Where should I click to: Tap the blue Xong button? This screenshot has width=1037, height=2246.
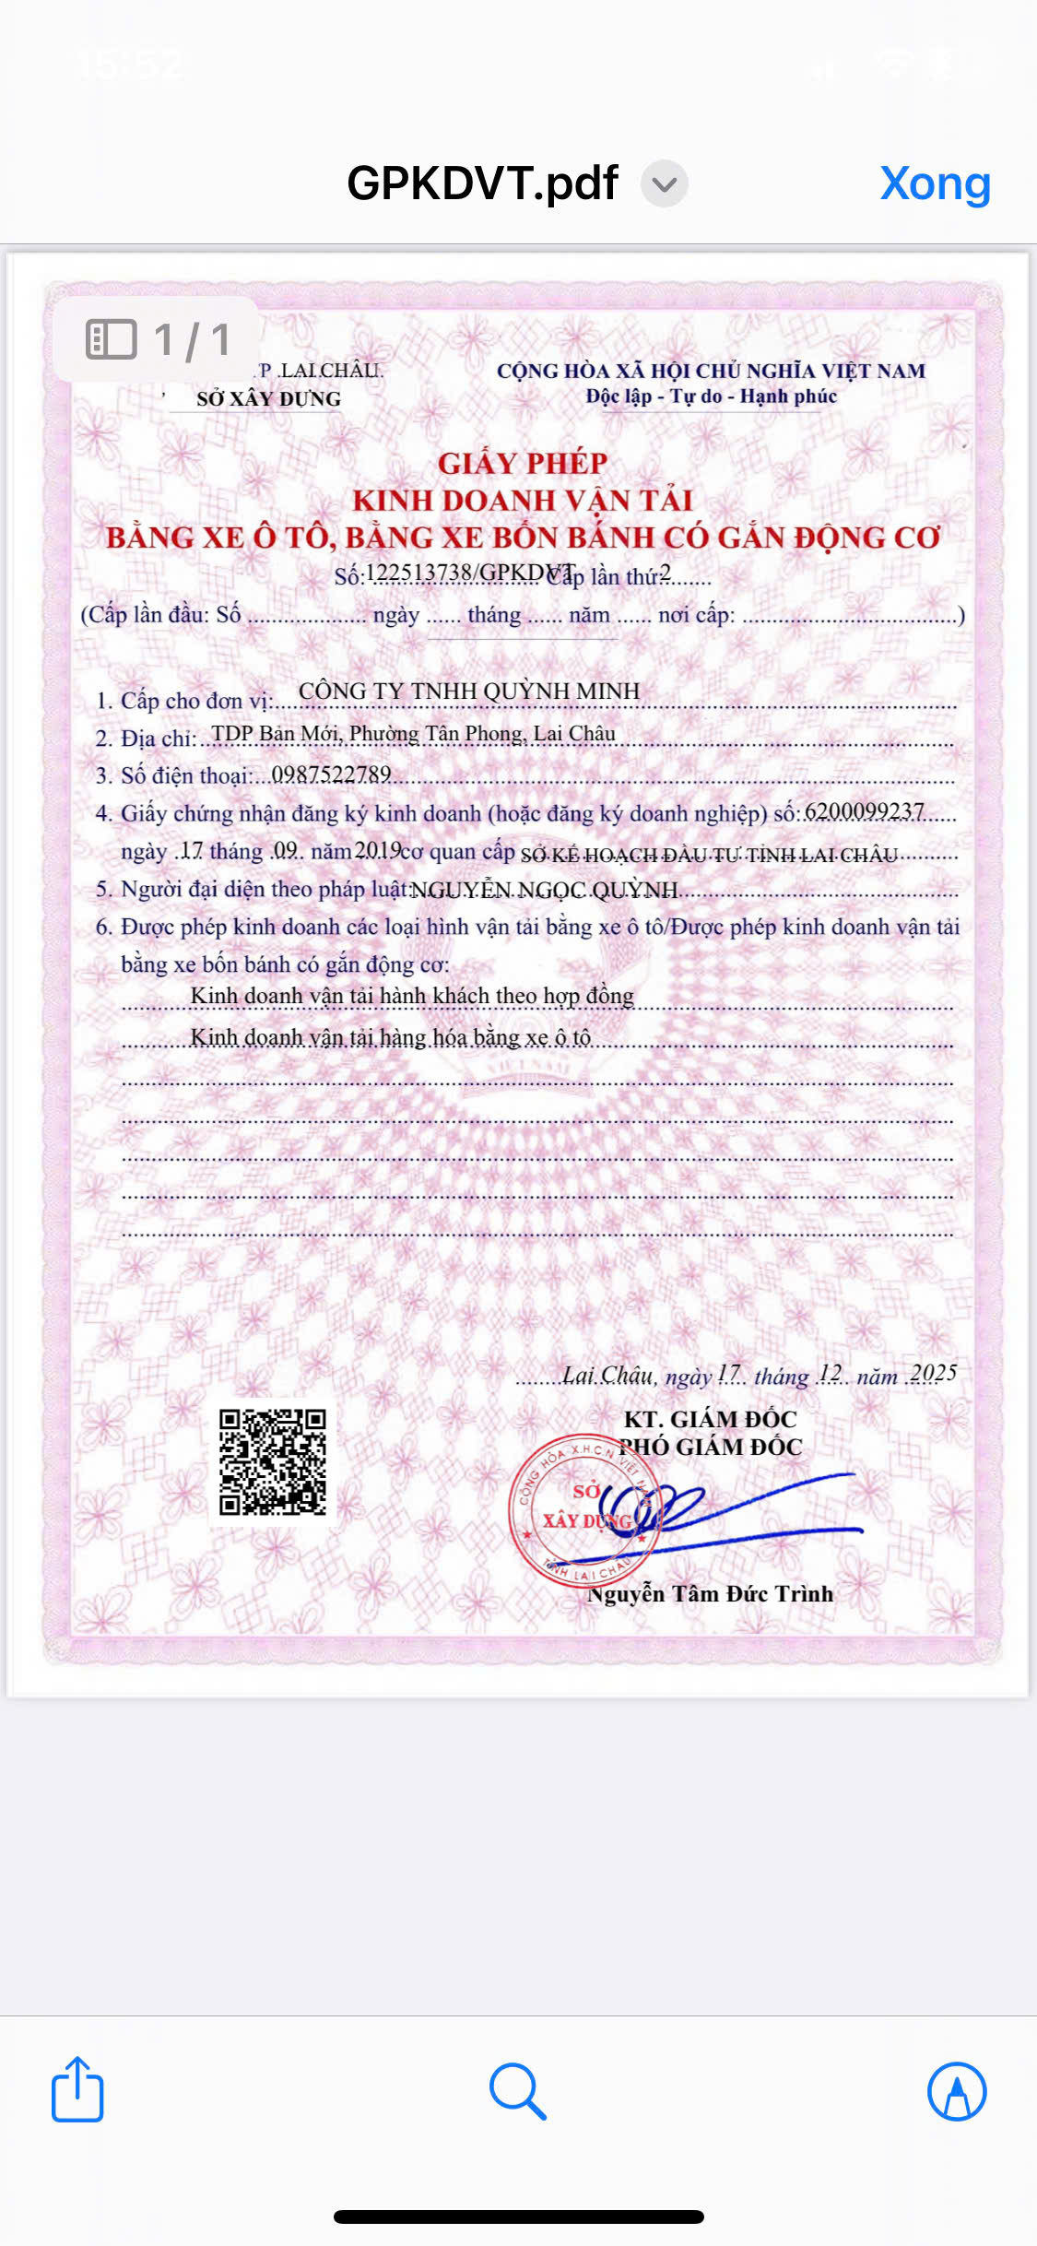935,183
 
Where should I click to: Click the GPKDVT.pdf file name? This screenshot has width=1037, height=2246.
482,183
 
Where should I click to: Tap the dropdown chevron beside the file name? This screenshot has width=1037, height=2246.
664,184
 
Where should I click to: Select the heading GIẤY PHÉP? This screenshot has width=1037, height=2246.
523,463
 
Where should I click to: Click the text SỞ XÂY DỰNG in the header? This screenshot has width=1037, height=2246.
268,399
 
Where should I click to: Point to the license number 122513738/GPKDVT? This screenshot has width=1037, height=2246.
470,573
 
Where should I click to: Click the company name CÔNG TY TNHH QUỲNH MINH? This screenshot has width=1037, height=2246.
468,691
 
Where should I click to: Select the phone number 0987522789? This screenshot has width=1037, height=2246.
331,774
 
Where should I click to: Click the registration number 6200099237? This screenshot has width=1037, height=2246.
864,811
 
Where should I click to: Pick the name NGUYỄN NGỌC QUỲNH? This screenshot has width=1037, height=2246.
544,890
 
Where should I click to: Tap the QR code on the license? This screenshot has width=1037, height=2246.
273,1462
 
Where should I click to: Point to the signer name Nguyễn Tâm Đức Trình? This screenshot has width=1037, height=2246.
710,1594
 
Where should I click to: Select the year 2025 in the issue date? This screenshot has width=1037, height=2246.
933,1374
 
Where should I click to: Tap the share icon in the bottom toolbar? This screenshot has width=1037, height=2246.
77,2090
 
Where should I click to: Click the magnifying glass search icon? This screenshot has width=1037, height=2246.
518,2090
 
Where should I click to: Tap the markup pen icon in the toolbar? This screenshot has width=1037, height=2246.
957,2091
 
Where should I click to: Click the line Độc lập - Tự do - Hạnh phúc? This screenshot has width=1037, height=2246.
711,396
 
